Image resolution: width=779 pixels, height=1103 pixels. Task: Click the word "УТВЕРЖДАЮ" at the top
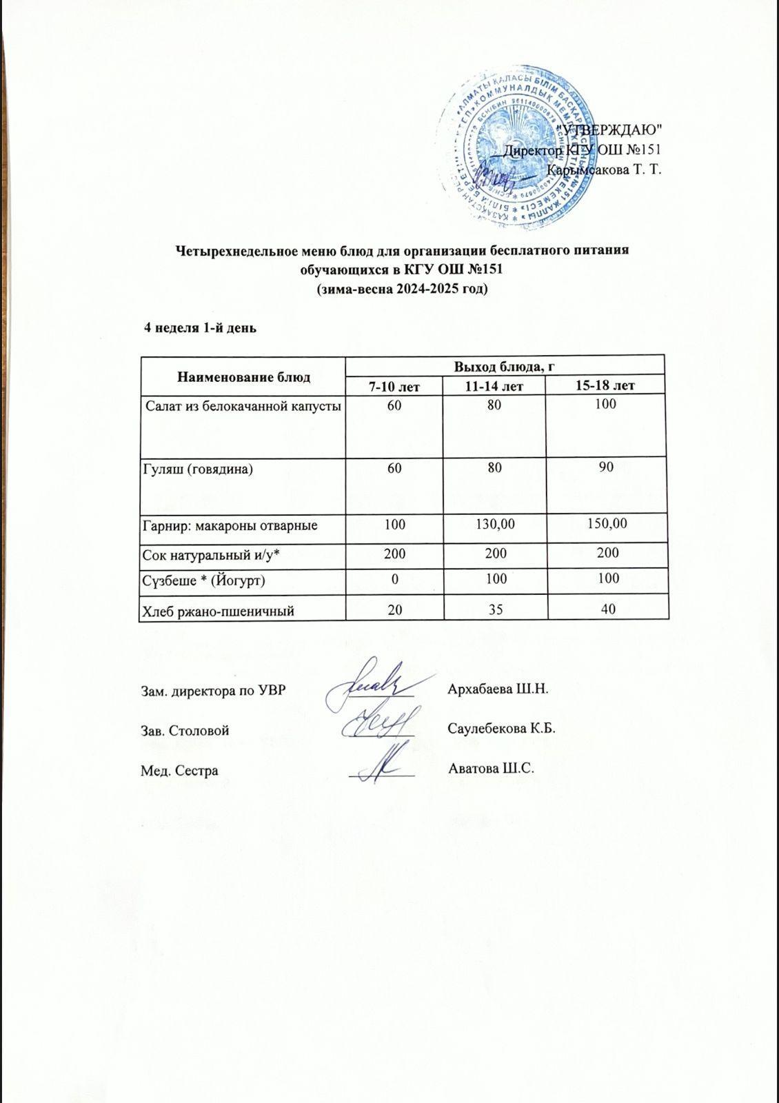(609, 130)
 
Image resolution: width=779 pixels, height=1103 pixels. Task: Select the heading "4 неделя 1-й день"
(199, 328)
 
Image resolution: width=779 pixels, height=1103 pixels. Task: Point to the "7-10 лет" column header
(394, 386)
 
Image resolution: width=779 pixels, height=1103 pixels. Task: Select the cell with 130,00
(495, 525)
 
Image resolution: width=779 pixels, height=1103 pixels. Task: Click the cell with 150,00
(605, 525)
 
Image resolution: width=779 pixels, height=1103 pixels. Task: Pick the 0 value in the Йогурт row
(394, 580)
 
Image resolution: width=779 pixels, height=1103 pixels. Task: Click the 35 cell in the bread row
(495, 609)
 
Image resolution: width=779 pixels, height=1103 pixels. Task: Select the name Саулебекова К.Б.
(502, 729)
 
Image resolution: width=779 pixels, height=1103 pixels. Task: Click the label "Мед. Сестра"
(179, 770)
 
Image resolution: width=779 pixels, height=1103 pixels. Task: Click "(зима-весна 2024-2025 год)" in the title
(401, 290)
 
